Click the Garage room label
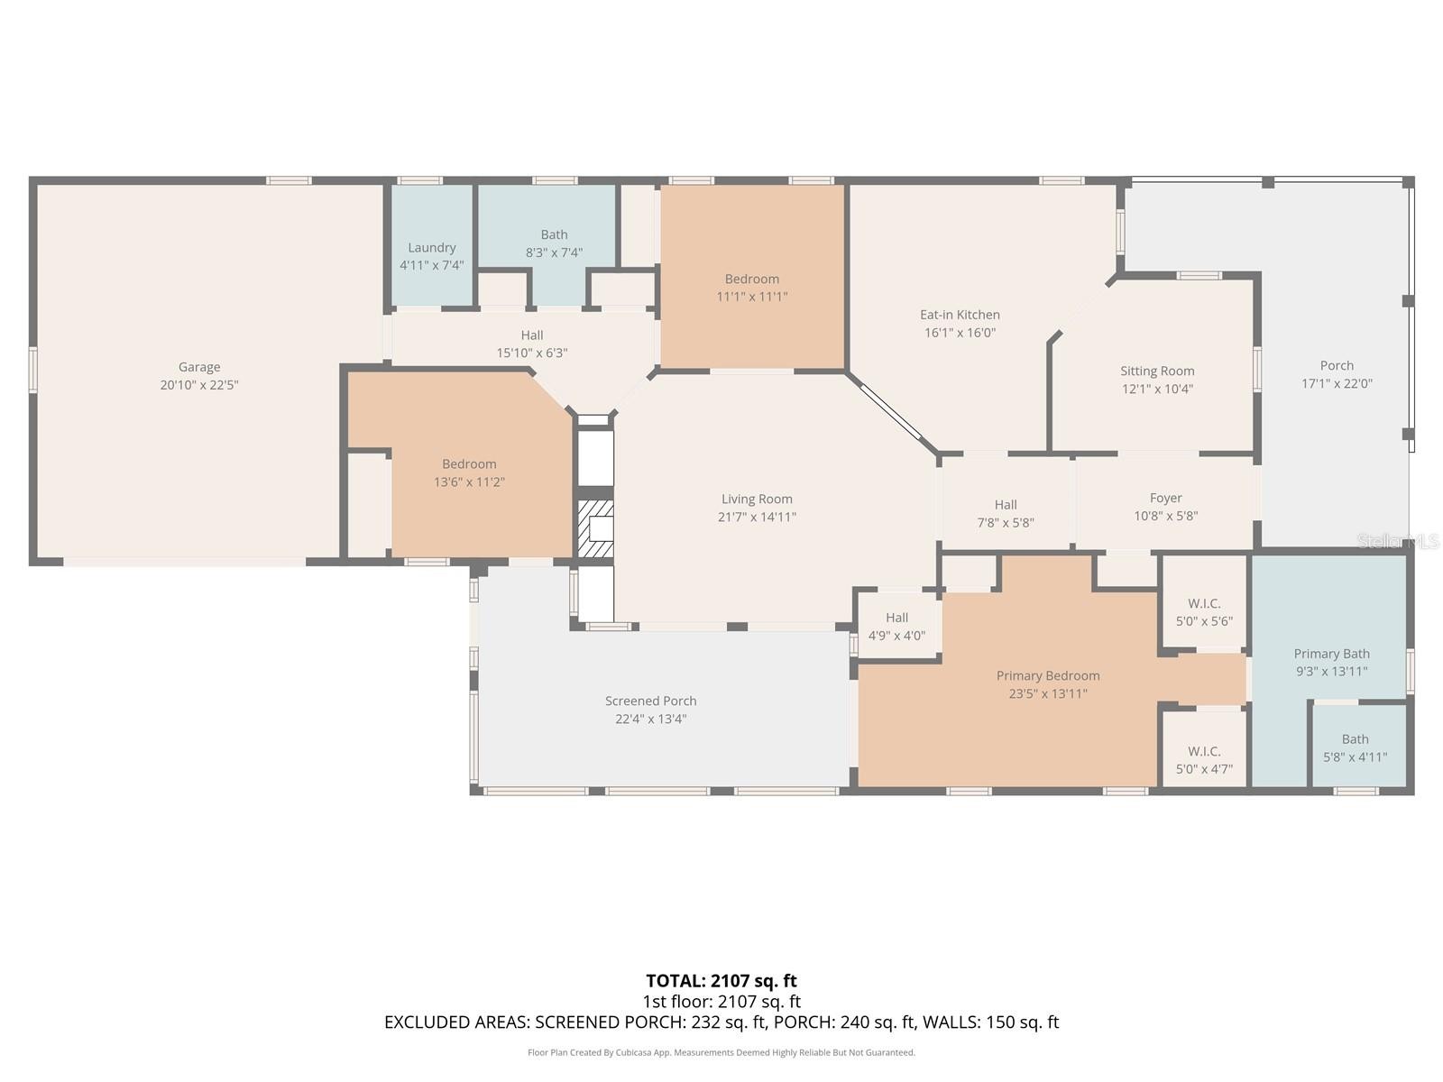[199, 367]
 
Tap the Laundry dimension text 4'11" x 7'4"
[432, 265]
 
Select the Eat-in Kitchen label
[960, 315]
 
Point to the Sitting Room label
[1157, 371]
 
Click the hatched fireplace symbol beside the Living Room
[595, 529]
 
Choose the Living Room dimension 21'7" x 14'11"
[757, 517]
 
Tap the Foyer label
[1165, 499]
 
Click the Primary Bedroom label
[1048, 676]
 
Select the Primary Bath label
[1332, 654]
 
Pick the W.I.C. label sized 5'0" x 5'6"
[1204, 604]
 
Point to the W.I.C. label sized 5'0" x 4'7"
[1204, 752]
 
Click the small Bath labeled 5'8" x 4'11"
[1355, 739]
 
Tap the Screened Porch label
[651, 701]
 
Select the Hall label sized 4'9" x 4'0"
[896, 618]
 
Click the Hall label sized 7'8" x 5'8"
[1006, 505]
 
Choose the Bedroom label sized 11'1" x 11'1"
[752, 280]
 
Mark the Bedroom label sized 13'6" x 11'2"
[469, 464]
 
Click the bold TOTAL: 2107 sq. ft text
[721, 981]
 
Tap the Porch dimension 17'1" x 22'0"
[1337, 384]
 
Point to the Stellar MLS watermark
[1398, 541]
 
